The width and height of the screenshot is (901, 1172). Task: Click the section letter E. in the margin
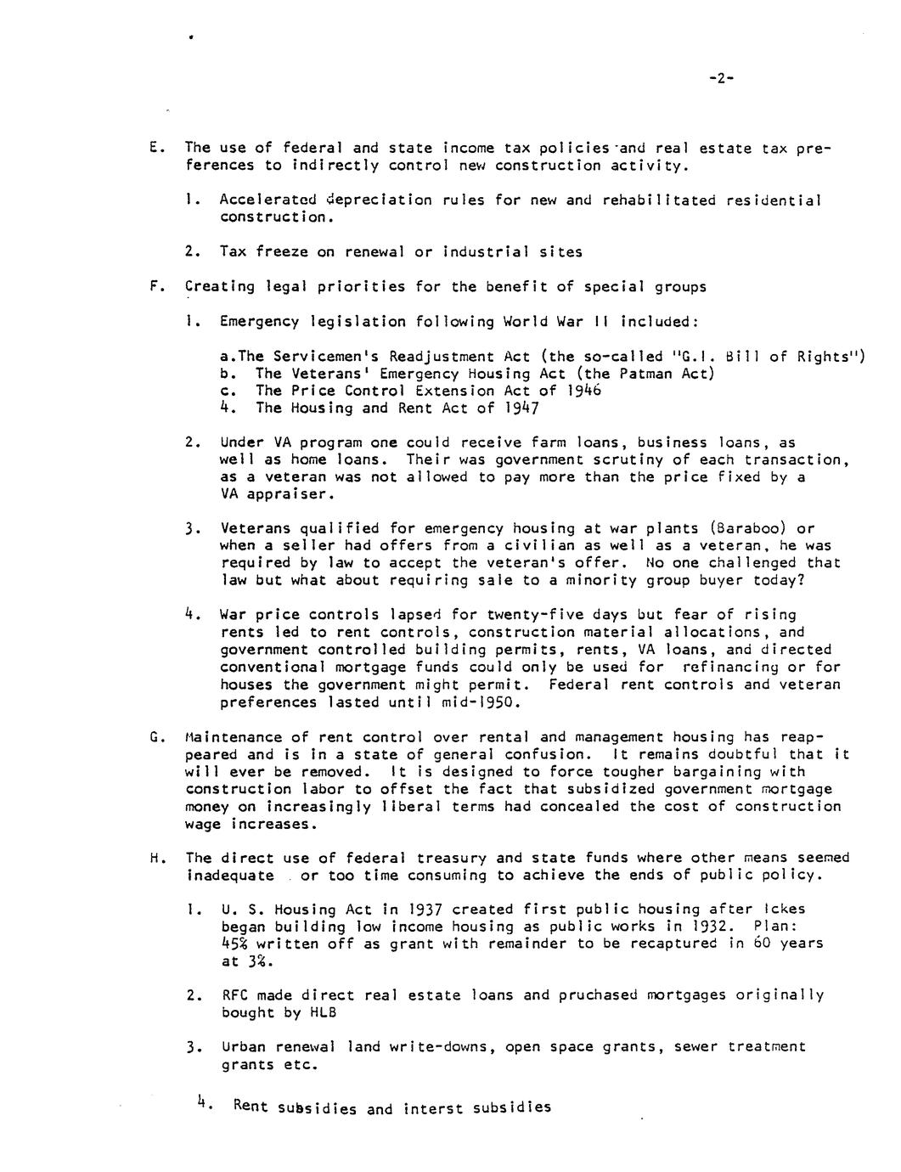pyautogui.click(x=154, y=148)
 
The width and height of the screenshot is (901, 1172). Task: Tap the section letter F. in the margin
pyautogui.click(x=154, y=286)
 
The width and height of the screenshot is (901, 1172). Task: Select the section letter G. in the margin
pyautogui.click(x=154, y=736)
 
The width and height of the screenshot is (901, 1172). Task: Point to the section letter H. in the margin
pyautogui.click(x=154, y=858)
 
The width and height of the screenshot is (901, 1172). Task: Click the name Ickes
pyautogui.click(x=785, y=910)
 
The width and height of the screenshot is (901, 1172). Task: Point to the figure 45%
pyautogui.click(x=234, y=944)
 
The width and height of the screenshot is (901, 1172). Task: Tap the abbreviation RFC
pyautogui.click(x=234, y=995)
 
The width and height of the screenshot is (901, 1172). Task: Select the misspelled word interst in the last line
pyautogui.click(x=433, y=1108)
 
